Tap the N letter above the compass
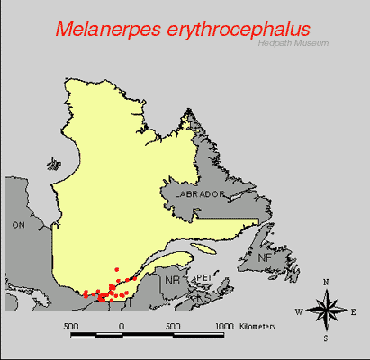[324, 283]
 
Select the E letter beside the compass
[353, 312]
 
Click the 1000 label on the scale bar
[222, 325]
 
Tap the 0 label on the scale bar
[122, 325]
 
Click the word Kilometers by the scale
[257, 325]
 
